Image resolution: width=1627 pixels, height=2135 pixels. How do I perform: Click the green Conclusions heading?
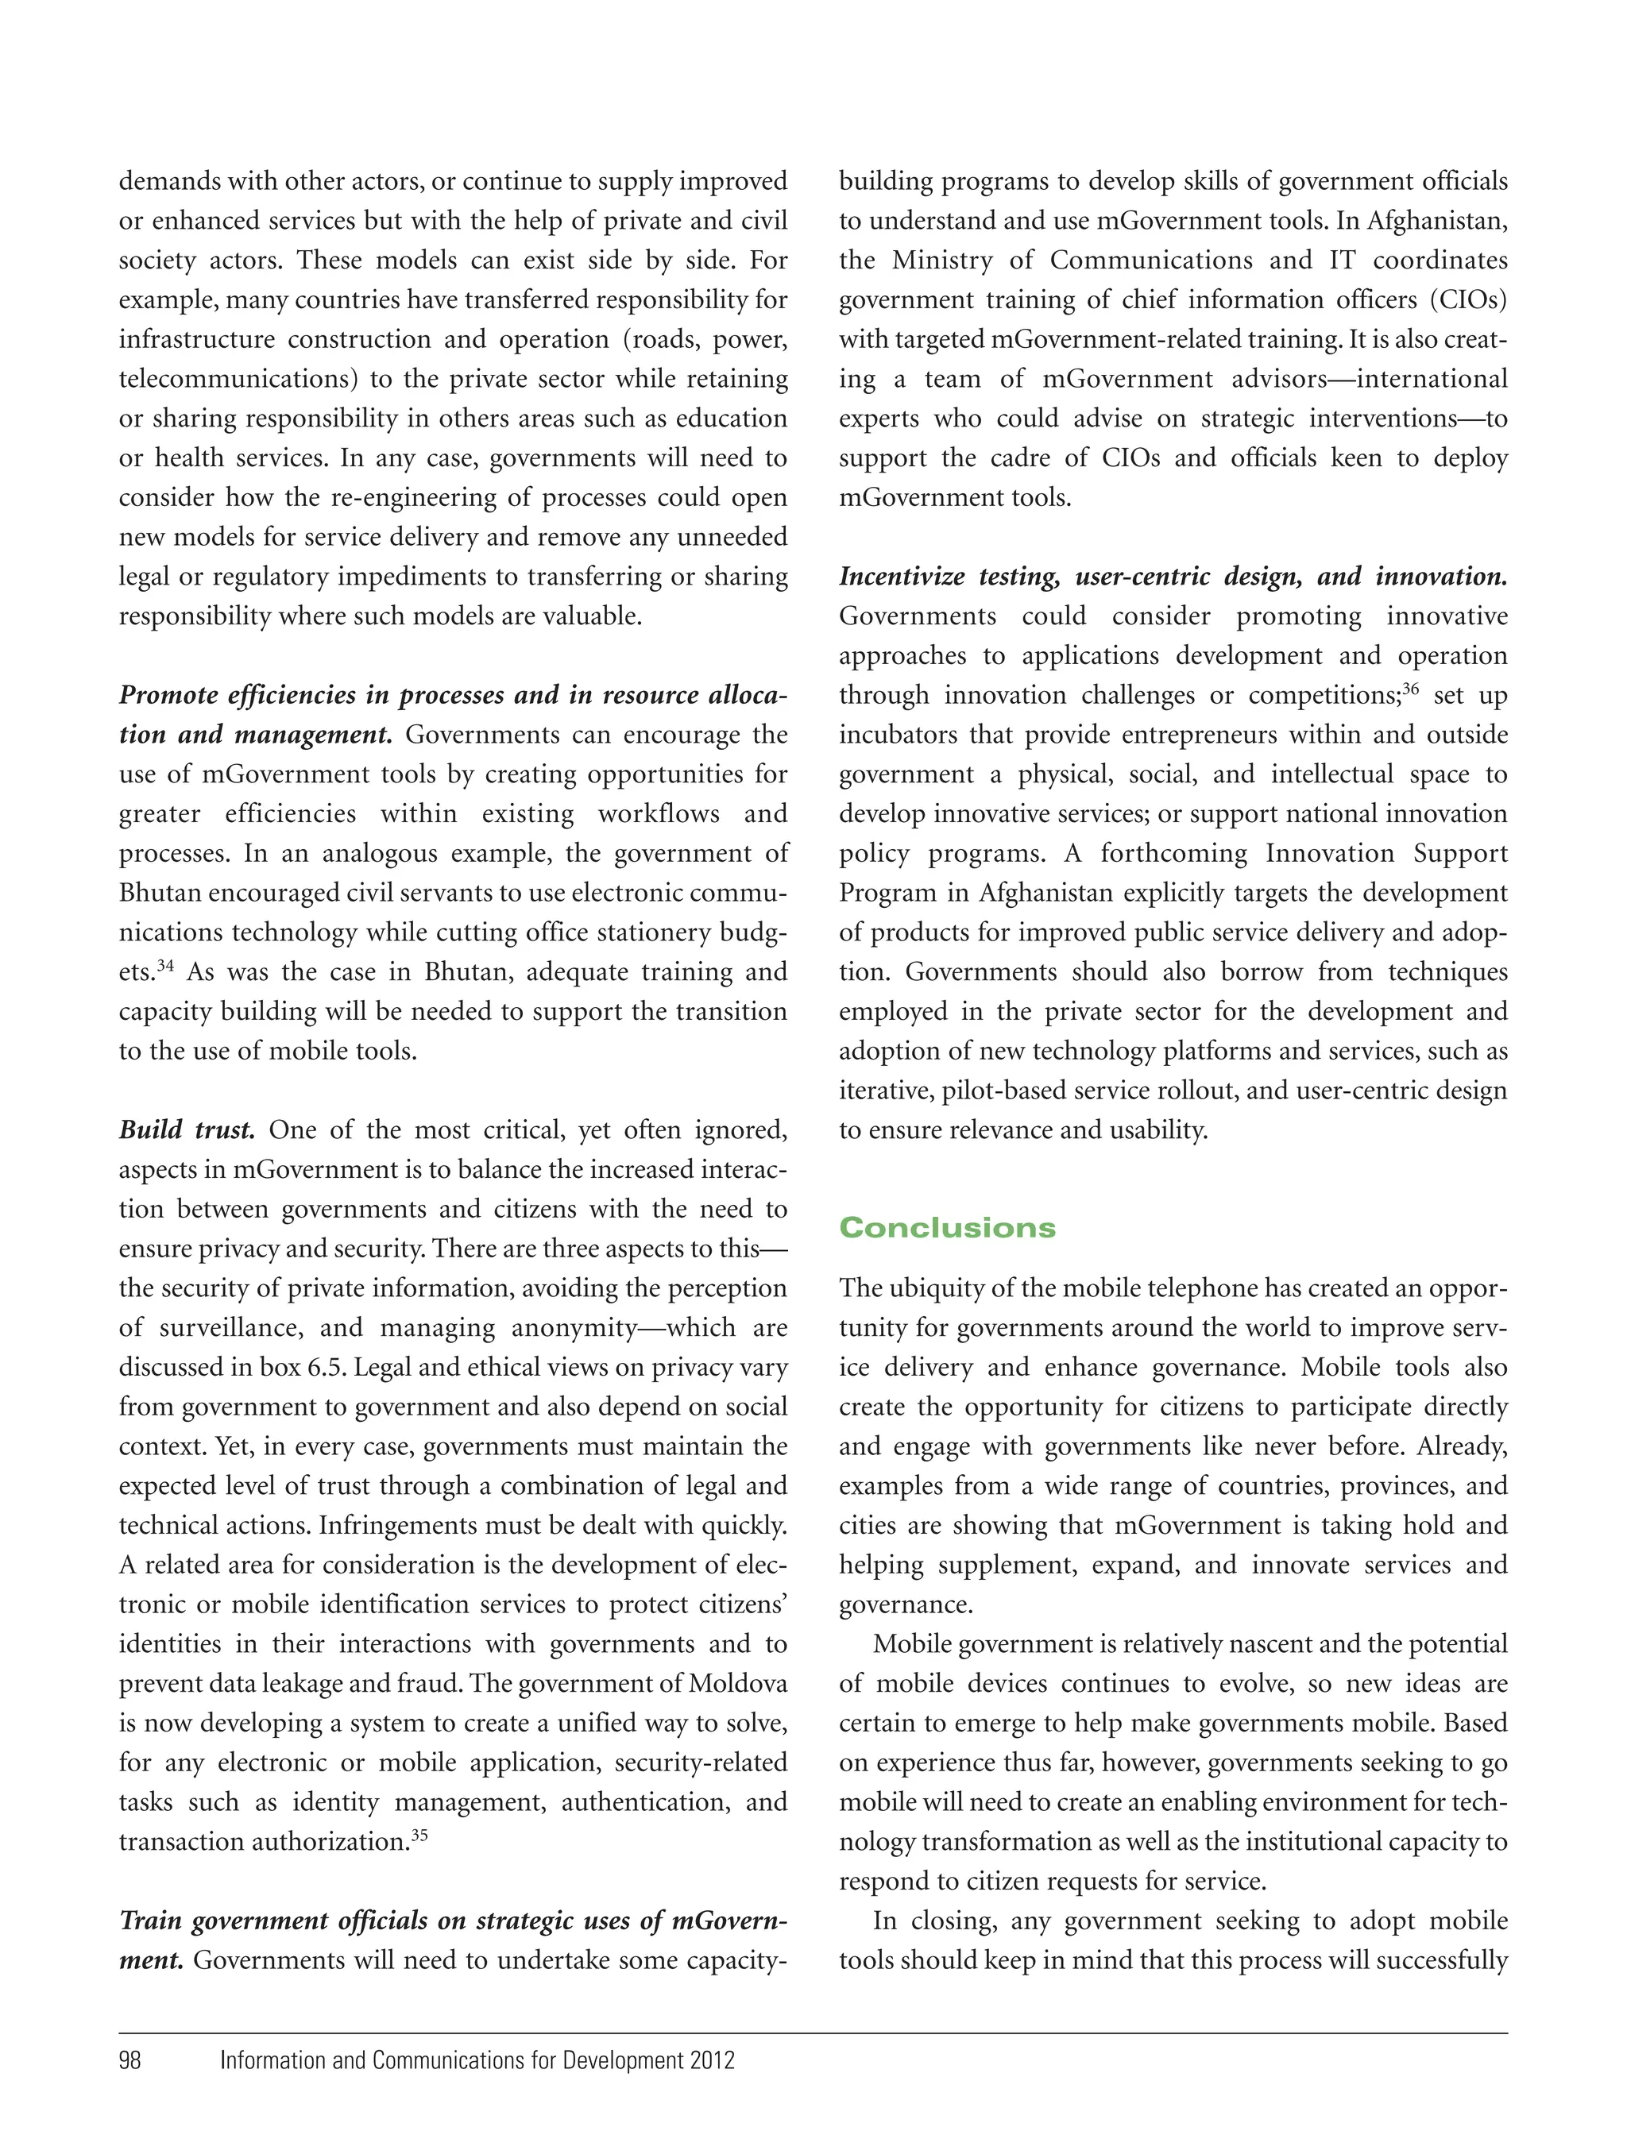pos(946,1228)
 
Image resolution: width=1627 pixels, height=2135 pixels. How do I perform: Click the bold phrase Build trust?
pos(186,1130)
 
